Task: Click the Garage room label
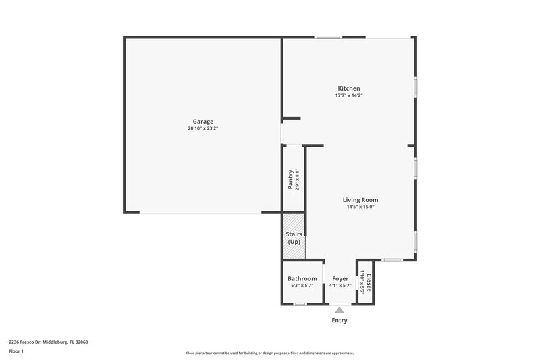[x=202, y=122]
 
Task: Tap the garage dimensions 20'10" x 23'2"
[x=202, y=128]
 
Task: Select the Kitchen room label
[x=349, y=88]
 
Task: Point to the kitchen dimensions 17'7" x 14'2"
[x=349, y=95]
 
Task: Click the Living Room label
[x=360, y=200]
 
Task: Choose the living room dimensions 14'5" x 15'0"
[x=360, y=207]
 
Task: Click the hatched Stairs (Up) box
[x=294, y=236]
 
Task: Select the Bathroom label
[x=302, y=278]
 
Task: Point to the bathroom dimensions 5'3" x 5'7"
[x=302, y=286]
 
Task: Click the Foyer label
[x=340, y=278]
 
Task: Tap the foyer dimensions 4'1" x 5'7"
[x=340, y=286]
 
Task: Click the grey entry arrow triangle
[x=340, y=309]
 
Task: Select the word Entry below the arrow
[x=340, y=320]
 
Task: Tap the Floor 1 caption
[x=16, y=351]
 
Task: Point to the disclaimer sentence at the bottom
[x=269, y=353]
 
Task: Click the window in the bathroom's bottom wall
[x=300, y=304]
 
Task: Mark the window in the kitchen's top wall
[x=327, y=37]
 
